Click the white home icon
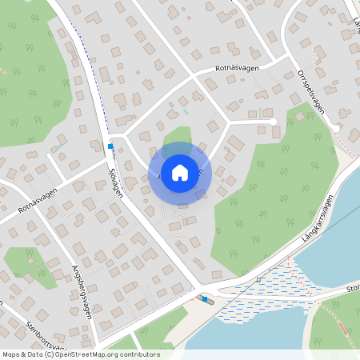pyautogui.click(x=180, y=171)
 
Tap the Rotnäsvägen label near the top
pyautogui.click(x=238, y=69)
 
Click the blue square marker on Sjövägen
pyautogui.click(x=110, y=146)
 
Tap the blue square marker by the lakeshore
pyautogui.click(x=205, y=299)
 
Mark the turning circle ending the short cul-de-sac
pyautogui.click(x=273, y=122)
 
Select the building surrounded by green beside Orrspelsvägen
pyautogui.click(x=299, y=116)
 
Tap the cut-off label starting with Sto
pyautogui.click(x=352, y=287)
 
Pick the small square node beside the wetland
pyautogui.click(x=259, y=279)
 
